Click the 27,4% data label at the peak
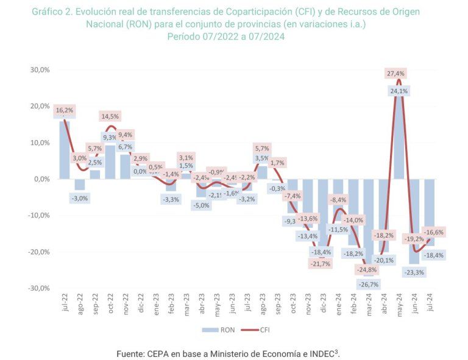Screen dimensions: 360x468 395,73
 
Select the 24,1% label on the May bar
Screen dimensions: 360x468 399,91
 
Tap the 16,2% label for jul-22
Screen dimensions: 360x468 64,110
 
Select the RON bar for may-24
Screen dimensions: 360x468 399,140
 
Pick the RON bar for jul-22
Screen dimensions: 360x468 64,150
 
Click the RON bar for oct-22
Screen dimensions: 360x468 110,162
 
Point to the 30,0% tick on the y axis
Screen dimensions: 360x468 40,69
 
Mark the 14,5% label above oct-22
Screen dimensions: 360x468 110,116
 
